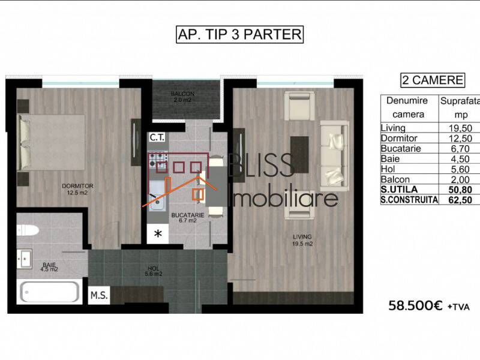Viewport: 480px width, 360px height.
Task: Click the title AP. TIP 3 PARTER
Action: pos(239,35)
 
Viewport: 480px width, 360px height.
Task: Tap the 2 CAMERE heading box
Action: pos(432,80)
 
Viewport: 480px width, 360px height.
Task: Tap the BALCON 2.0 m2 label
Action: pos(181,97)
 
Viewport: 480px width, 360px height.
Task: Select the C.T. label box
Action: pos(158,138)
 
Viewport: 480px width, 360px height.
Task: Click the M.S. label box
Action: pos(98,295)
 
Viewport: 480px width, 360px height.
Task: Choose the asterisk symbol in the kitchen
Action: pos(158,233)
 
